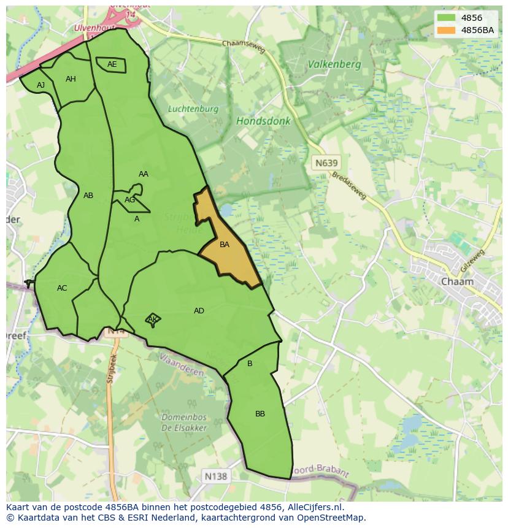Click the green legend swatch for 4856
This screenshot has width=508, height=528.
coord(447,18)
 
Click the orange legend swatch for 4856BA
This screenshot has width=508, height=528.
coord(447,30)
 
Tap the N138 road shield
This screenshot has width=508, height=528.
coord(215,476)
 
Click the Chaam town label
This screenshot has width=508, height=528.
coord(457,281)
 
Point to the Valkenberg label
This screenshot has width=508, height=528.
coord(334,64)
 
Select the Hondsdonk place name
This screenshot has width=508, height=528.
coord(263,121)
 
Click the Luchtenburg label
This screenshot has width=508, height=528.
coord(193,109)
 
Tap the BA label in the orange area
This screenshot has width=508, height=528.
coord(225,245)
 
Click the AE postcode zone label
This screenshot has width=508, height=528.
coord(112,64)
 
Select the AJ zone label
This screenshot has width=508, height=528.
coord(40,85)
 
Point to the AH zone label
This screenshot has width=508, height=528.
coord(71,79)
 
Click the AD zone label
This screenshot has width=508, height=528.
coord(199,311)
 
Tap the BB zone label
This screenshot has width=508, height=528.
coord(260,414)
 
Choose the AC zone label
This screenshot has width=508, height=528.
coord(62,288)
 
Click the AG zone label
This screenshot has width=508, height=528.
coord(129,200)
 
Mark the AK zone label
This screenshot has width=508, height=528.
coord(153,319)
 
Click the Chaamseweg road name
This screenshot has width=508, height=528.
coord(244,47)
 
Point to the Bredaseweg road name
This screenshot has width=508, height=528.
coord(348,186)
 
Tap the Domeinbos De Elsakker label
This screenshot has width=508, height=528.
coord(184,423)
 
